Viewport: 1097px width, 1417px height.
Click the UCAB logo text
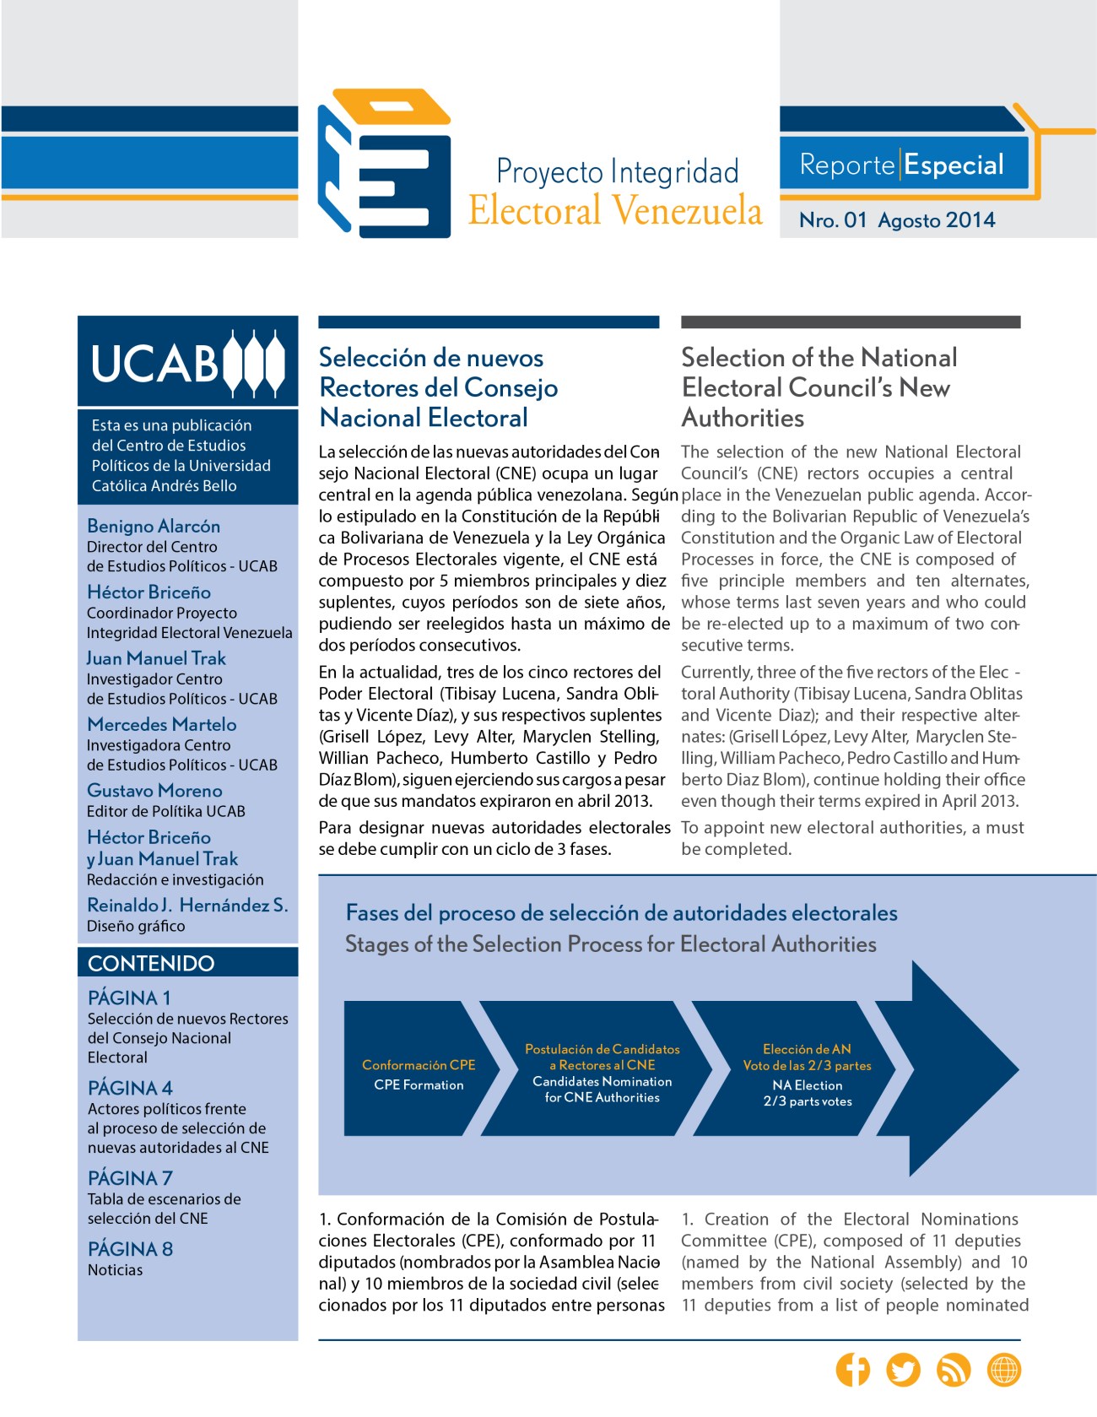pyautogui.click(x=155, y=364)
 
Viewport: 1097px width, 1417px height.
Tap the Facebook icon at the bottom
pyautogui.click(x=852, y=1369)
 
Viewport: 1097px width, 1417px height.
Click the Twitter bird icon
pyautogui.click(x=903, y=1369)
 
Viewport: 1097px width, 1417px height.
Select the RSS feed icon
pyautogui.click(x=954, y=1369)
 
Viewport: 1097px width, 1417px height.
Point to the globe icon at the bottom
pyautogui.click(x=1004, y=1369)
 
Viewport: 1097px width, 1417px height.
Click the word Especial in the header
pyautogui.click(x=954, y=165)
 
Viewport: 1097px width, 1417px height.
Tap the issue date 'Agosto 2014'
pyautogui.click(x=936, y=220)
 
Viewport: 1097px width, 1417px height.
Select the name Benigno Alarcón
pyautogui.click(x=154, y=526)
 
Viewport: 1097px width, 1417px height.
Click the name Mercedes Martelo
pyautogui.click(x=162, y=724)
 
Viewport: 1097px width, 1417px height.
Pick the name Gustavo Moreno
pyautogui.click(x=154, y=791)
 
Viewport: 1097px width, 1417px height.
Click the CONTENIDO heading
pyautogui.click(x=151, y=963)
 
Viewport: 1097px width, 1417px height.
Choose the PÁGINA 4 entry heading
pyautogui.click(x=130, y=1088)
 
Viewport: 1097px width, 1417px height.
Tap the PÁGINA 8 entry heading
pyautogui.click(x=130, y=1249)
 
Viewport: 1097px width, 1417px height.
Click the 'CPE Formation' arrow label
pyautogui.click(x=419, y=1084)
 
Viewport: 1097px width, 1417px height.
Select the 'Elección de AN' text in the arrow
pyautogui.click(x=807, y=1049)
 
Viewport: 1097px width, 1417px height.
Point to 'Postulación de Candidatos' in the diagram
pyautogui.click(x=602, y=1049)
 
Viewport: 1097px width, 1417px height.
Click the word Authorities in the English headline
pyautogui.click(x=743, y=418)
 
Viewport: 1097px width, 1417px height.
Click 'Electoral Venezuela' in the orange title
pyautogui.click(x=615, y=211)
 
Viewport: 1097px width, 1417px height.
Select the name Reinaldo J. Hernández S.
pyautogui.click(x=187, y=905)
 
